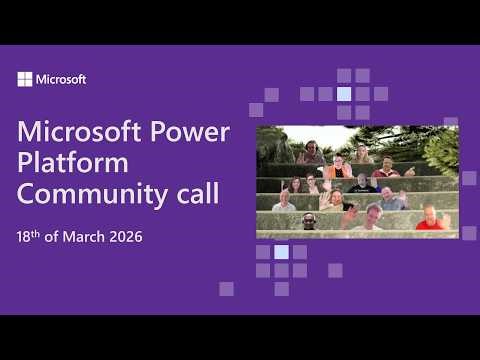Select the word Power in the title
pos(194,133)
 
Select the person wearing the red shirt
pos(431,219)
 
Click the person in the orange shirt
pos(339,168)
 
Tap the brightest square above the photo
pos(344,94)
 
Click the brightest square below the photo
pos(281,252)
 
